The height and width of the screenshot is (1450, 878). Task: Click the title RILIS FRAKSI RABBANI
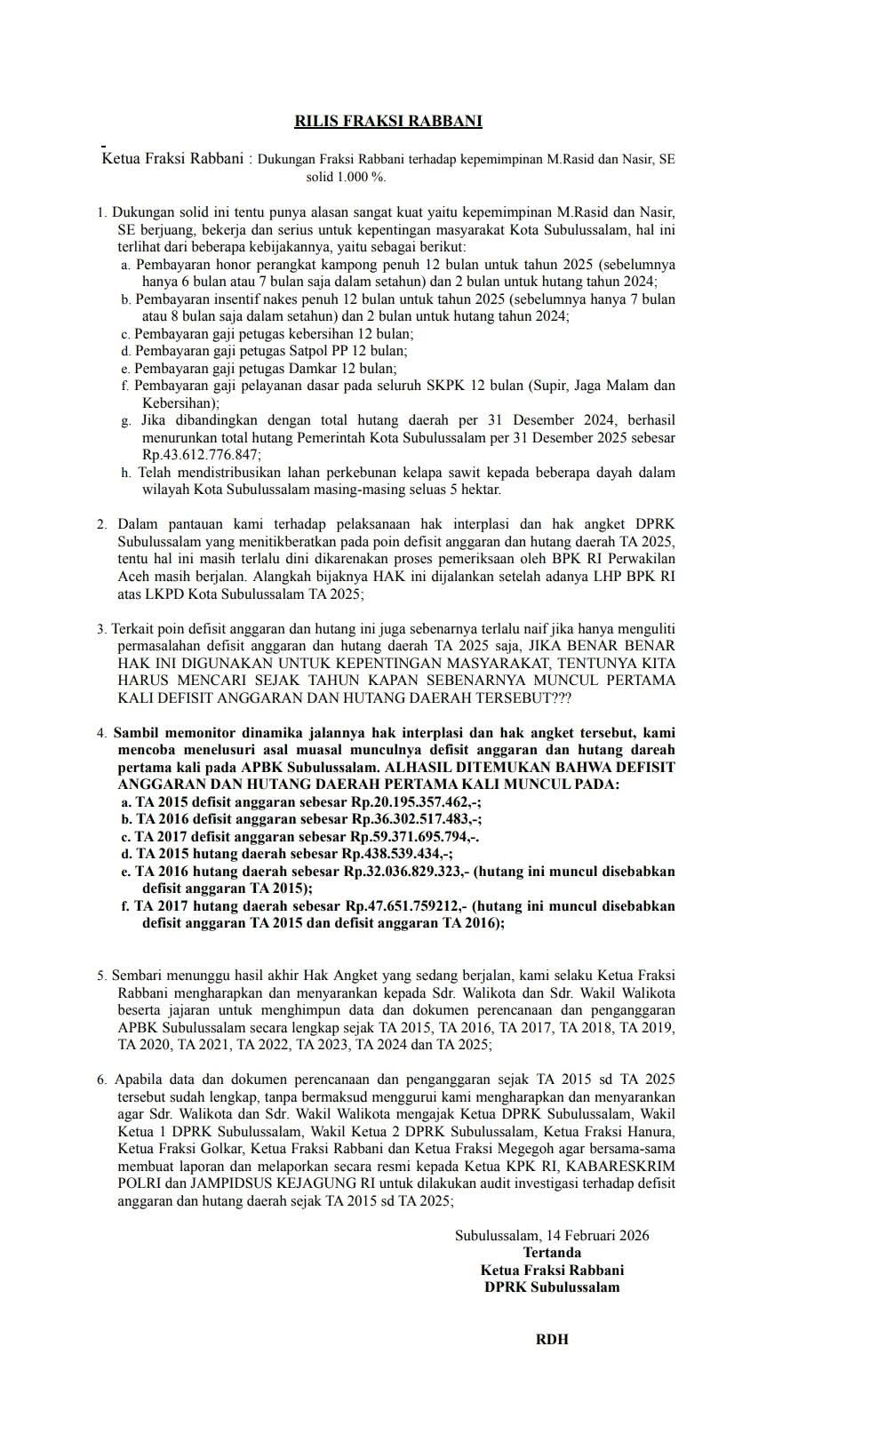coord(388,121)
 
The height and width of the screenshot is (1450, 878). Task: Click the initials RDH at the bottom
coord(551,1339)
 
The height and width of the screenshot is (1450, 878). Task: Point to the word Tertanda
coord(552,1253)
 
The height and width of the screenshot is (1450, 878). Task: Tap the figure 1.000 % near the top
coord(359,177)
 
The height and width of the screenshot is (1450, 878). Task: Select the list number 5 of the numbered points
coord(101,976)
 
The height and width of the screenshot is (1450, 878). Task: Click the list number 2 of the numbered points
coord(101,524)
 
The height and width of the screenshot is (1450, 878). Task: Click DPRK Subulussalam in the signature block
coord(552,1287)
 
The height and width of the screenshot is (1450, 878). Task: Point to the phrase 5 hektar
coord(475,490)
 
